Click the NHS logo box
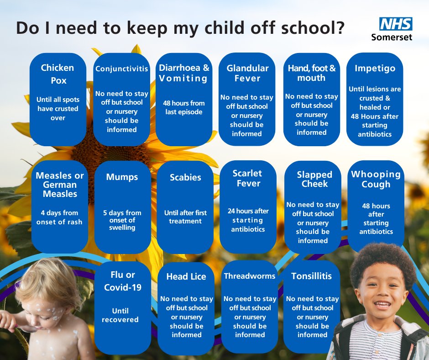(x=396, y=24)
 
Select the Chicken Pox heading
(x=58, y=74)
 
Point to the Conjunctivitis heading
(x=121, y=69)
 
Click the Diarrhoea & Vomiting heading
(x=184, y=73)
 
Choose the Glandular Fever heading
(x=247, y=73)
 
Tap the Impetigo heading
(x=375, y=69)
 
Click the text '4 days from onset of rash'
(x=59, y=217)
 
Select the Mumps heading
(x=122, y=177)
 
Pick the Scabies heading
(x=185, y=177)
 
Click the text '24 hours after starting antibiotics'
(x=248, y=220)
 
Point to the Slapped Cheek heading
(x=314, y=179)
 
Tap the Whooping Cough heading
(x=376, y=179)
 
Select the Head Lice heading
(x=186, y=276)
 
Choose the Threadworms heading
(x=250, y=276)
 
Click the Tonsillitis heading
(x=312, y=276)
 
